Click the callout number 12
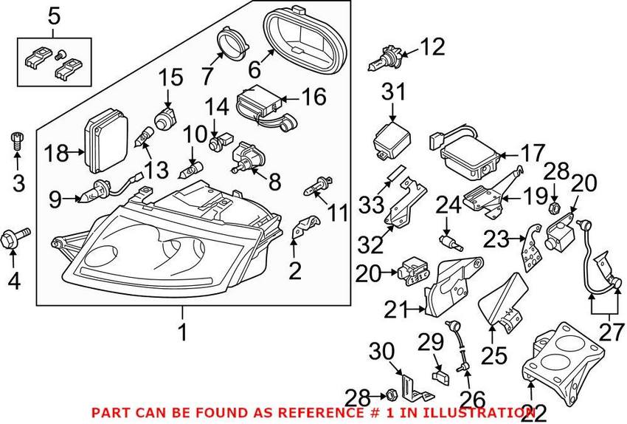(433, 47)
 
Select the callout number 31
(394, 93)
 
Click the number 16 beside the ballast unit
(313, 97)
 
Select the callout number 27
(610, 333)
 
